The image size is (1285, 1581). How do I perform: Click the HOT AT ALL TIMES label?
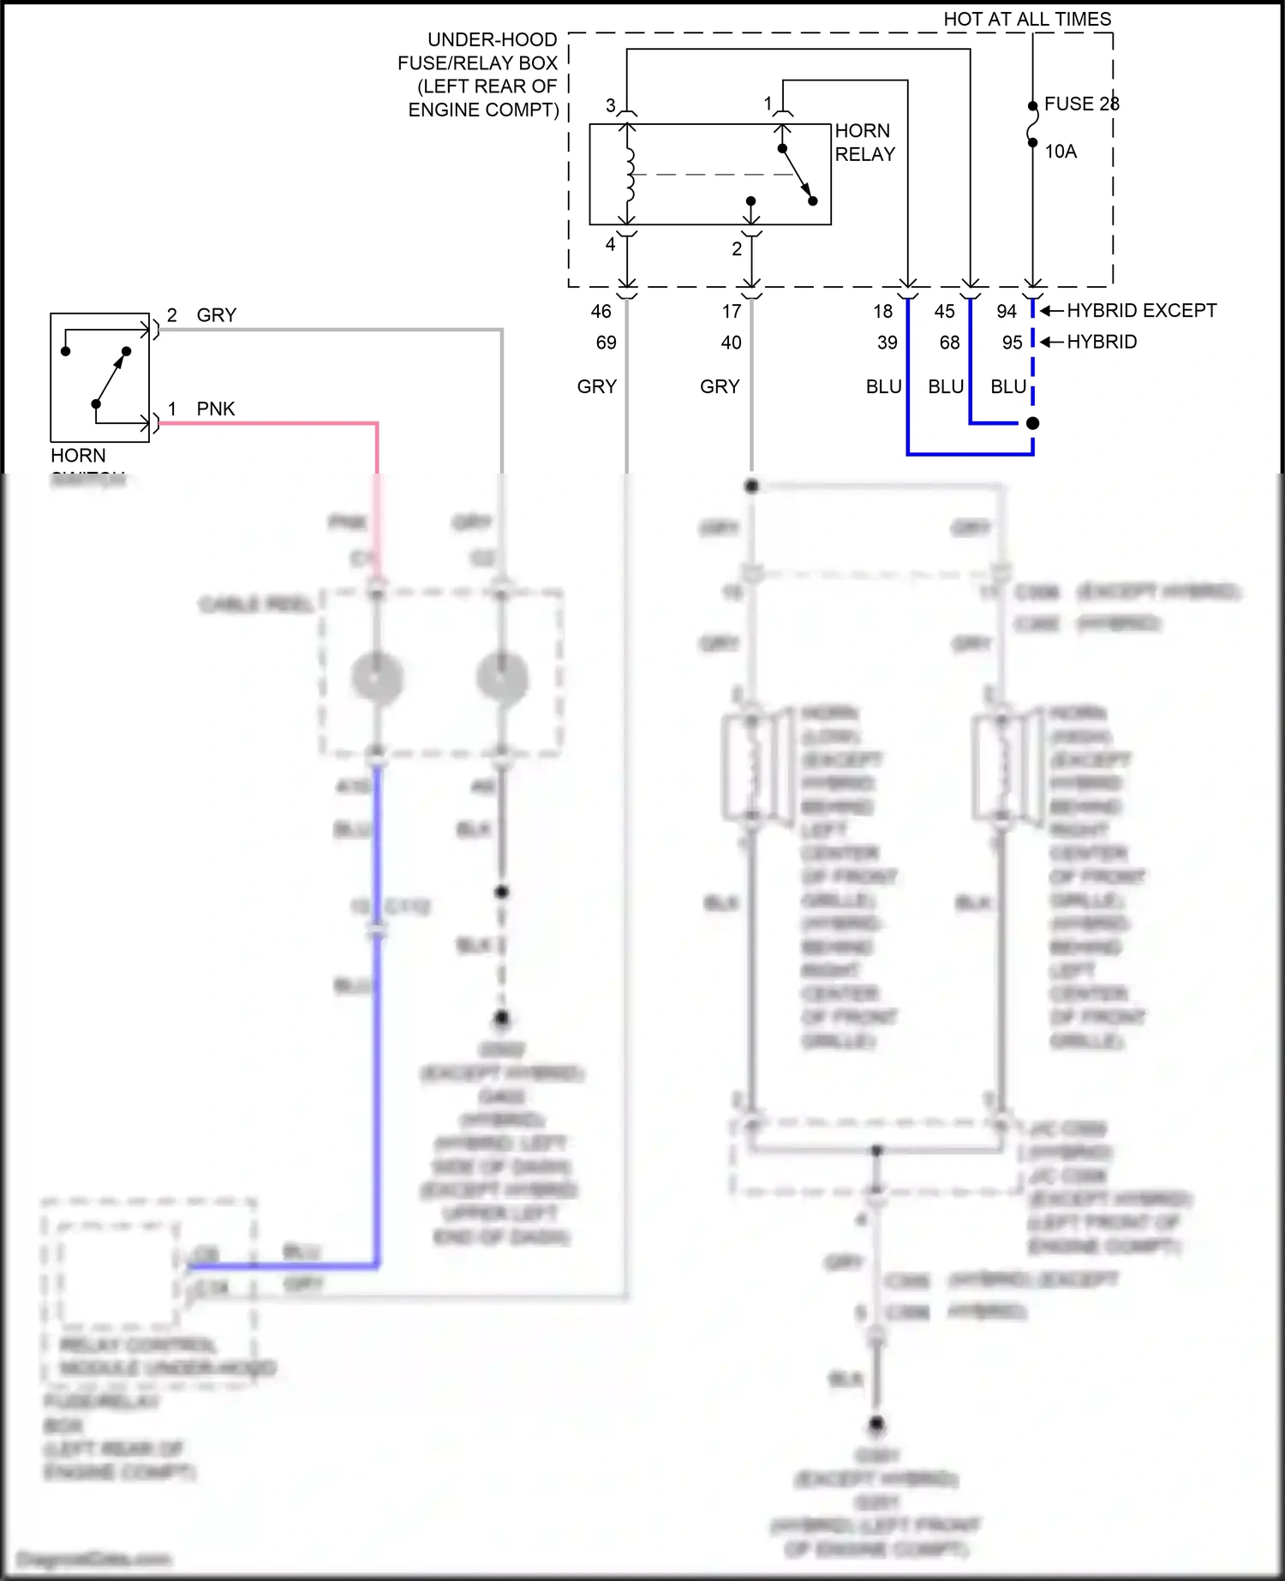tap(1026, 19)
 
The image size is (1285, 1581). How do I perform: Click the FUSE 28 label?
tap(1080, 104)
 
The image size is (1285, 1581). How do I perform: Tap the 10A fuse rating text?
tap(1060, 152)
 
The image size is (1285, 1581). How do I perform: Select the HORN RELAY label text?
tap(864, 142)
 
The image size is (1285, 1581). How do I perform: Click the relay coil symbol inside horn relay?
tap(631, 174)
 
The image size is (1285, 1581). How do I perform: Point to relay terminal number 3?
tap(610, 105)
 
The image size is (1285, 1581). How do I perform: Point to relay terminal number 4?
tap(610, 244)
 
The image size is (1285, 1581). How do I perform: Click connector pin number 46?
tap(601, 312)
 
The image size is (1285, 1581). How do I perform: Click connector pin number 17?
tap(731, 312)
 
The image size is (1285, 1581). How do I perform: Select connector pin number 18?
tap(882, 312)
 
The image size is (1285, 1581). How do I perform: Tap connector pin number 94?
tap(1006, 312)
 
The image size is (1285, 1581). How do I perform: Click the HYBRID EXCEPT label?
tap(1141, 311)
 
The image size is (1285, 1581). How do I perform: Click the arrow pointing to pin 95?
tap(1051, 343)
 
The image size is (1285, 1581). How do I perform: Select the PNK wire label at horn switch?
tap(215, 409)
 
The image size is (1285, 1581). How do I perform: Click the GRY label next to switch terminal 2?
tap(216, 315)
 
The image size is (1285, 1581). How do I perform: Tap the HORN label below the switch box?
tap(78, 456)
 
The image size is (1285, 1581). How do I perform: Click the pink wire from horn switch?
tap(274, 423)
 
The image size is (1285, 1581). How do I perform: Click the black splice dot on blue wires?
tap(1032, 423)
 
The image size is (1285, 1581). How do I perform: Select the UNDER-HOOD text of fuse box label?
tap(492, 40)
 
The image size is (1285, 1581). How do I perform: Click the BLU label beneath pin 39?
tap(883, 387)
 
